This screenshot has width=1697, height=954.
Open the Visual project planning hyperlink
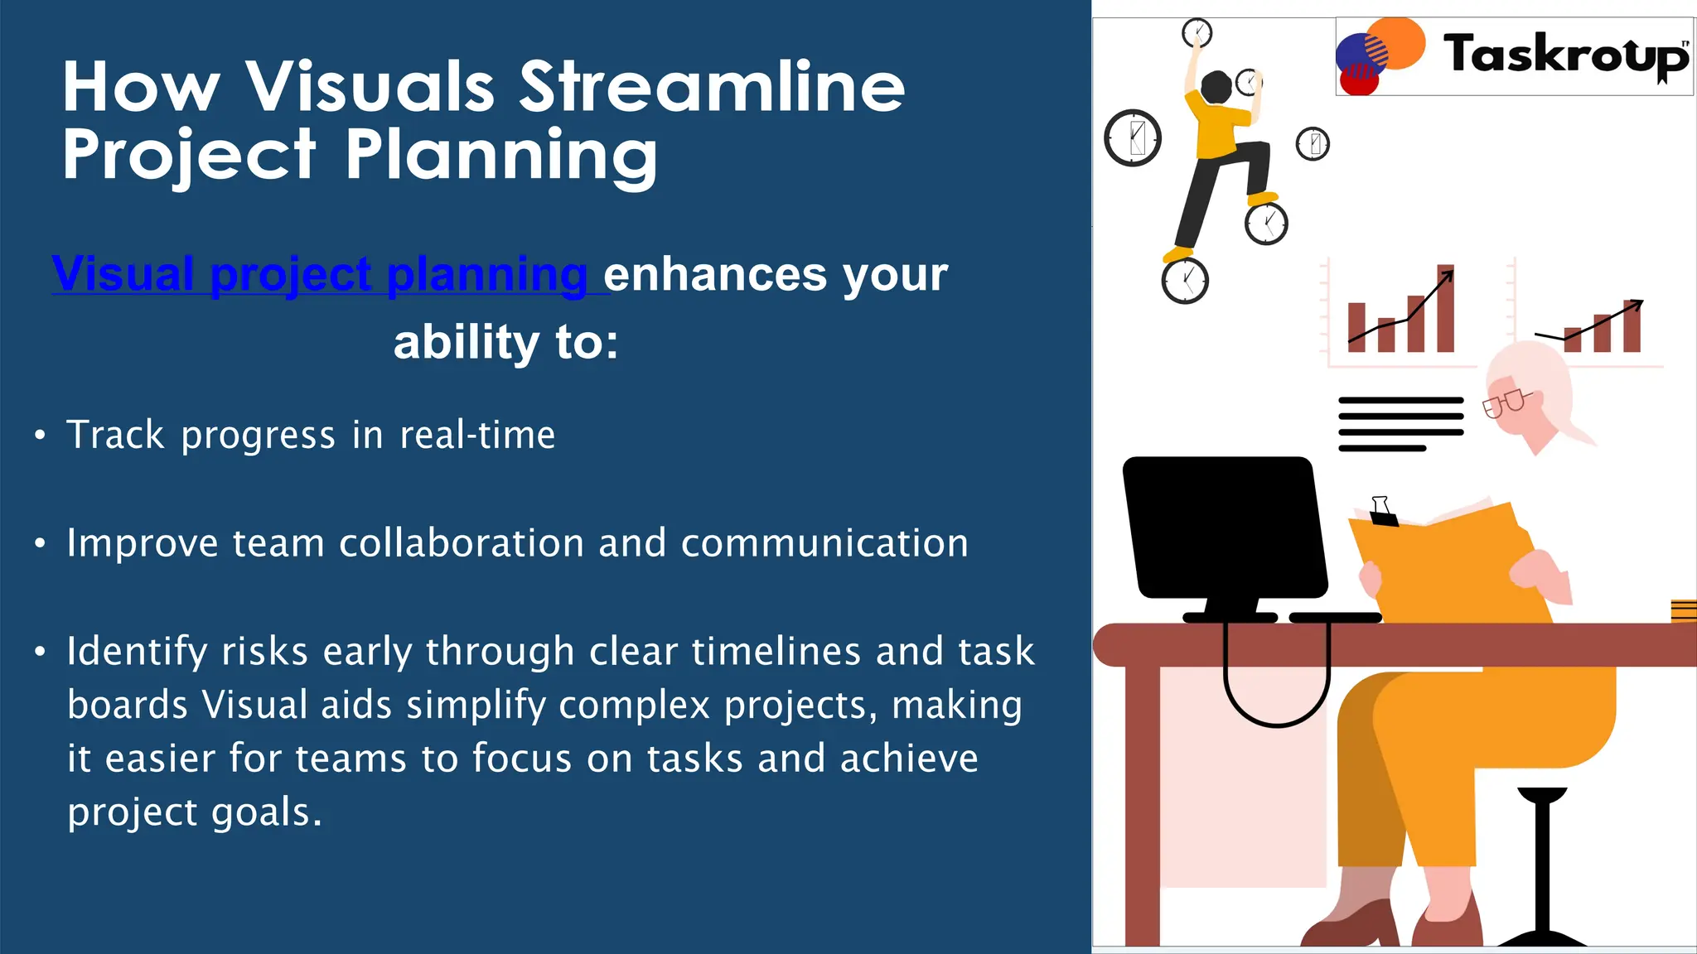(320, 274)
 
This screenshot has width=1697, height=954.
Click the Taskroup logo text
(1564, 55)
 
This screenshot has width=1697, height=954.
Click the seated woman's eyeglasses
(1505, 403)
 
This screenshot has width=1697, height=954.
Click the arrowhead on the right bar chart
(1636, 303)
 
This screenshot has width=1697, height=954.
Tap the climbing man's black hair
(1216, 87)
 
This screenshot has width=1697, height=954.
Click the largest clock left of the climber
(1133, 137)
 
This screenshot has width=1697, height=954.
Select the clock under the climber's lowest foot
(1185, 282)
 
